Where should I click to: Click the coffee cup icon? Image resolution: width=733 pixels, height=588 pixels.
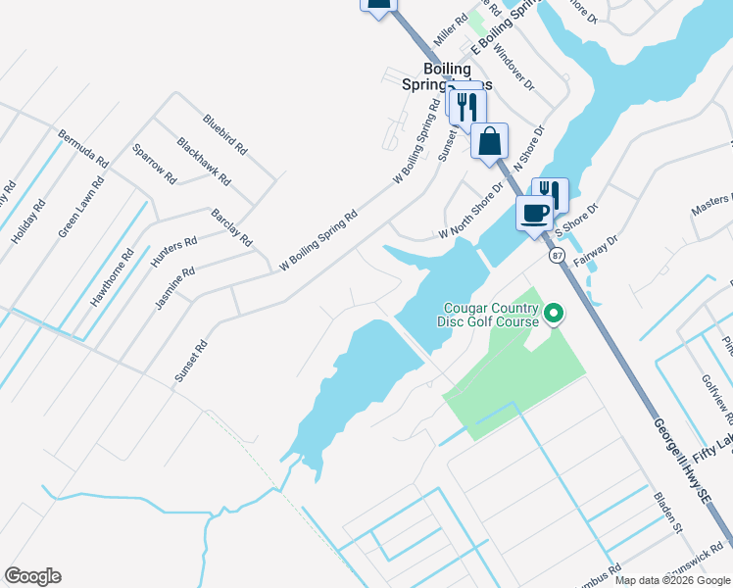click(534, 213)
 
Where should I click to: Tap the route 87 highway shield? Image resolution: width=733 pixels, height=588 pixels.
click(557, 255)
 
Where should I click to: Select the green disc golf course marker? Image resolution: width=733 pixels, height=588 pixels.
click(554, 315)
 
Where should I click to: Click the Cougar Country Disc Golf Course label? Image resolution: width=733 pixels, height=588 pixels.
click(492, 315)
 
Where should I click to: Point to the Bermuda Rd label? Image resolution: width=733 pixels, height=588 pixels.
click(82, 147)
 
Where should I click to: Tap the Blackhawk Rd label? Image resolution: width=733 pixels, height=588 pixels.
click(204, 162)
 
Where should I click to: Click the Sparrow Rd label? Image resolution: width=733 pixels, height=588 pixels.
click(154, 166)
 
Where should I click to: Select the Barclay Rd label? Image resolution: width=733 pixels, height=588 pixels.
click(232, 227)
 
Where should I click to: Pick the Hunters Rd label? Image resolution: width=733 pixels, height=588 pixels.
click(175, 253)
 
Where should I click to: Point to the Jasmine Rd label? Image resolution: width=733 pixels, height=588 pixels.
click(175, 288)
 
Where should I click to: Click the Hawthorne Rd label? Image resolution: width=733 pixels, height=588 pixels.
click(113, 278)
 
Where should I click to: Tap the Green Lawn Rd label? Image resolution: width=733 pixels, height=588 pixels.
click(81, 208)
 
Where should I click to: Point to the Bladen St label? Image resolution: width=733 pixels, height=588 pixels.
click(668, 513)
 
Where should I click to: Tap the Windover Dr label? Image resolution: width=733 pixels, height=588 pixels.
click(514, 66)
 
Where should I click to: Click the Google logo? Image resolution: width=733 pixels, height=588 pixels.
click(32, 576)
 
